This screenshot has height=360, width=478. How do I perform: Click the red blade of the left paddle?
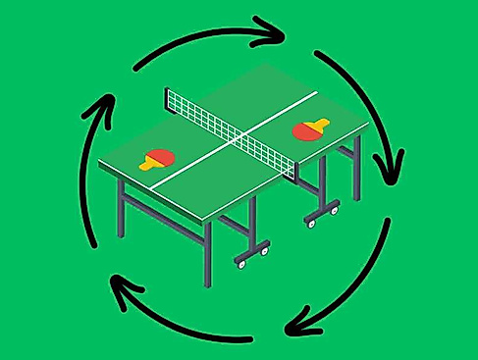(161, 156)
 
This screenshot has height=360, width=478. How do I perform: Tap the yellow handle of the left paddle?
(148, 164)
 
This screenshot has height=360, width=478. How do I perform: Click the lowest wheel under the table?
(239, 263)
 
